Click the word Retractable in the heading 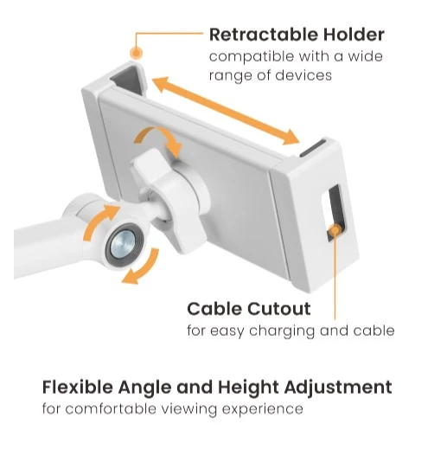(263, 35)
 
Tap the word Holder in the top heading (354, 35)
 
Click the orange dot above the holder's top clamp (136, 54)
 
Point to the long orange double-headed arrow (226, 111)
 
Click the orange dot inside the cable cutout (335, 230)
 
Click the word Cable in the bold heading (214, 309)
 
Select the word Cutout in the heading (279, 309)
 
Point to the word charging (282, 331)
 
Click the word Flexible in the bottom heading (78, 387)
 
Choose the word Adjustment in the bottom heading (338, 388)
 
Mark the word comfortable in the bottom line (111, 408)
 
